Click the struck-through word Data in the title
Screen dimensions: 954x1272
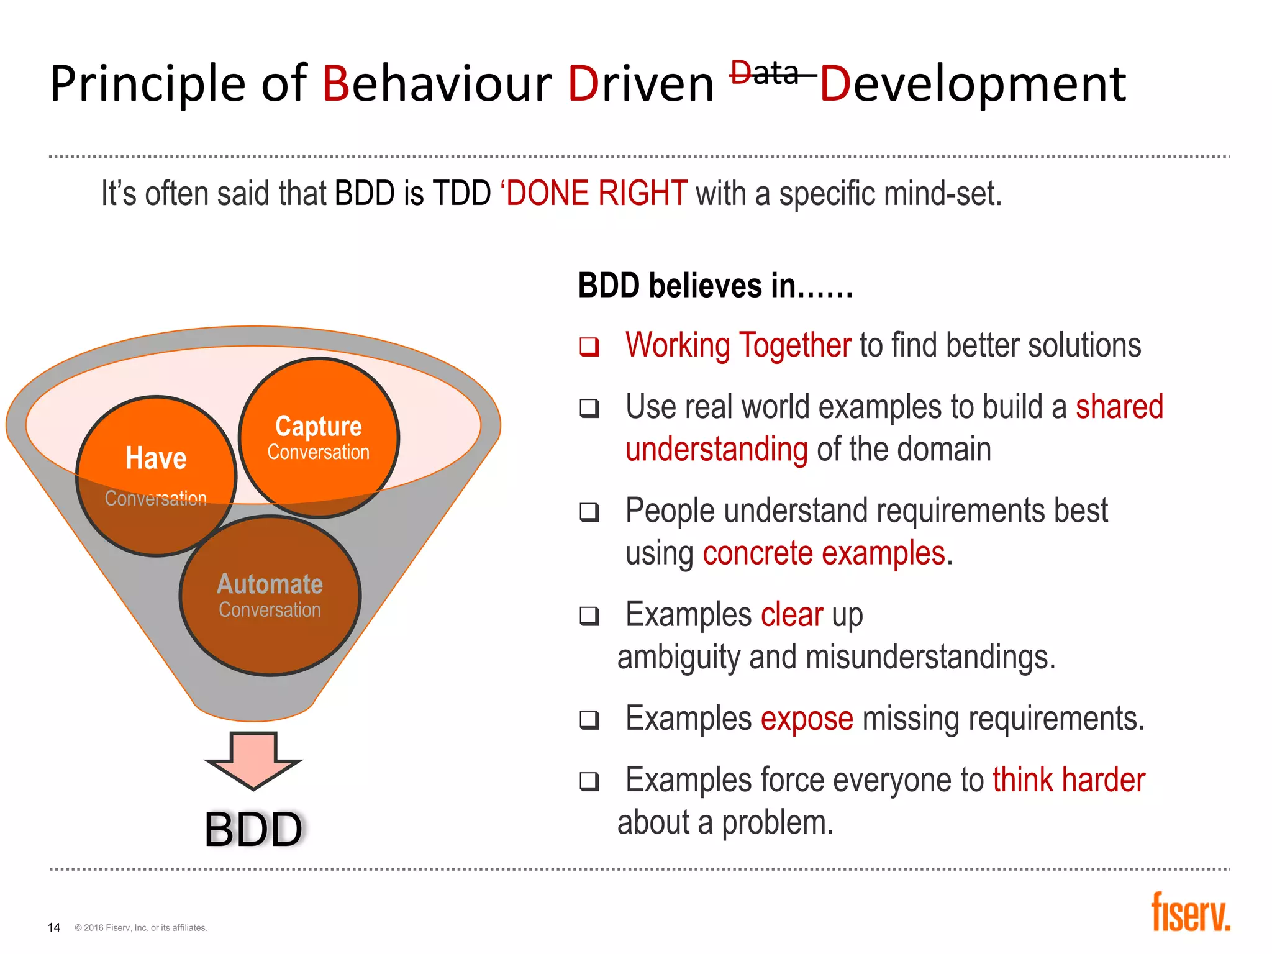(x=765, y=74)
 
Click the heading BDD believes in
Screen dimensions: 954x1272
(x=715, y=286)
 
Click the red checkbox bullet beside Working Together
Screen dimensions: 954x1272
(x=589, y=347)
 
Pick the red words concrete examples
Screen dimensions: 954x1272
(x=824, y=553)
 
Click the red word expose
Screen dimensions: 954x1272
(x=807, y=719)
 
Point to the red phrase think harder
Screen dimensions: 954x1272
(x=1068, y=779)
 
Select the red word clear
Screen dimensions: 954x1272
(x=791, y=615)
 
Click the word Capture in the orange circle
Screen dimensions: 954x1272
(x=319, y=427)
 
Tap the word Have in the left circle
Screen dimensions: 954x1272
(x=156, y=458)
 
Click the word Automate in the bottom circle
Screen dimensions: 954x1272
(x=270, y=584)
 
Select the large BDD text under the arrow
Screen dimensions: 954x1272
(x=253, y=830)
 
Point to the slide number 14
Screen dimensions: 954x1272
(x=54, y=927)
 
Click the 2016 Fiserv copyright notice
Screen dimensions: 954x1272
(x=141, y=928)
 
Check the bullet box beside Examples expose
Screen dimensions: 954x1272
(x=589, y=720)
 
